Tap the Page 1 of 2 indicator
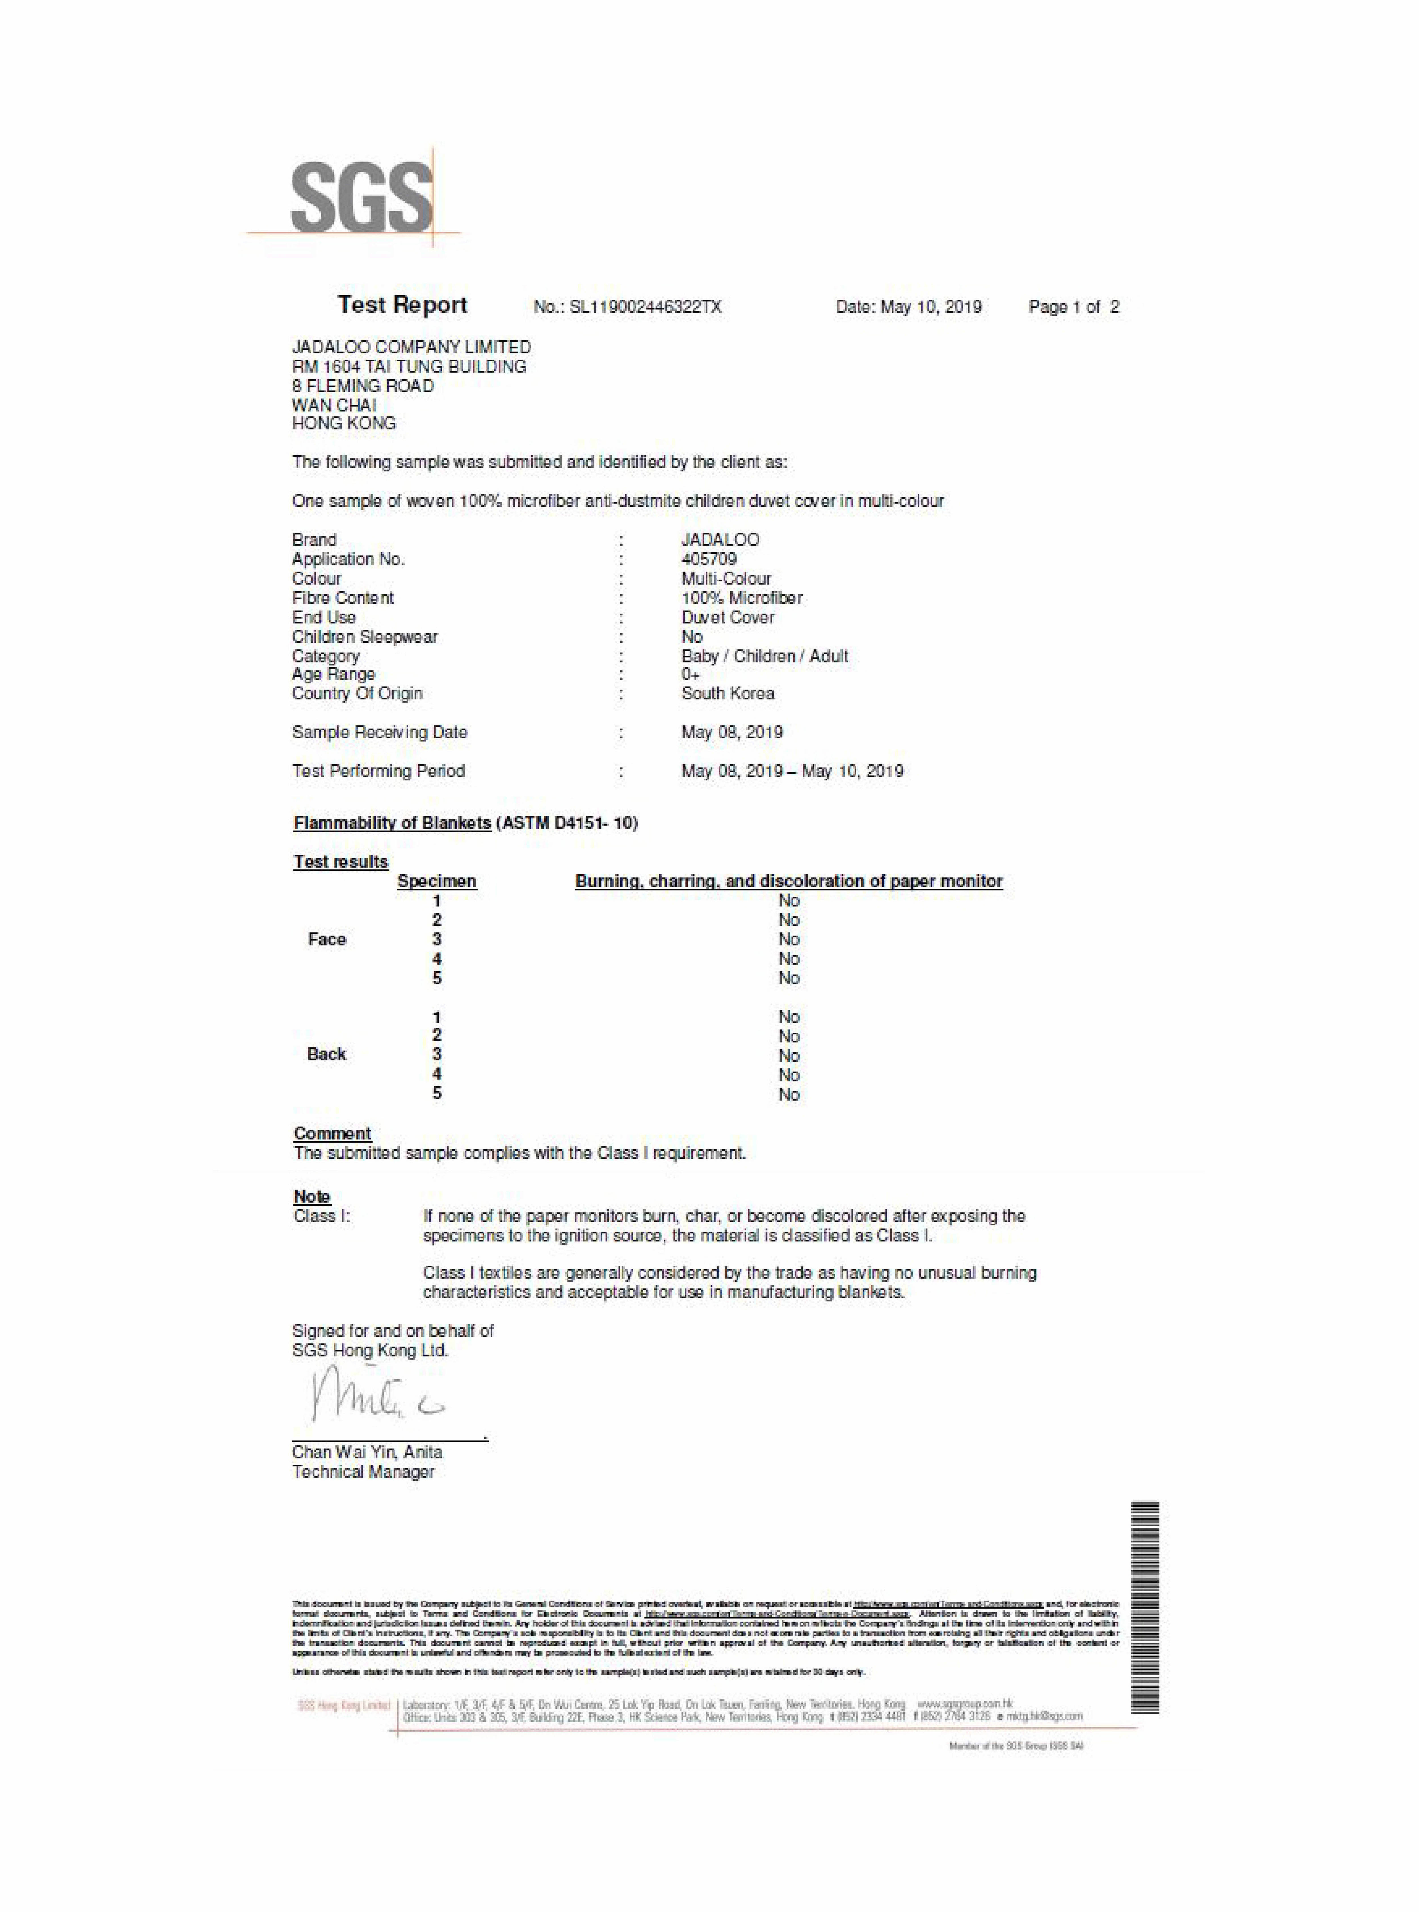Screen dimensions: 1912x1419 1074,307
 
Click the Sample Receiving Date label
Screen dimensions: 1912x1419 380,732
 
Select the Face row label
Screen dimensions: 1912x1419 326,939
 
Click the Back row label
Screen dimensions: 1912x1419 326,1054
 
